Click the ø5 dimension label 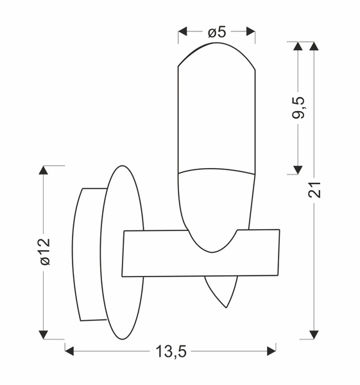[x=217, y=31]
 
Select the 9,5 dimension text [x=298, y=108]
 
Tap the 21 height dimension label [x=314, y=191]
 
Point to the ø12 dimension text [x=44, y=252]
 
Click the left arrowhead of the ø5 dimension [x=183, y=31]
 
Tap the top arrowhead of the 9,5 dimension [x=298, y=47]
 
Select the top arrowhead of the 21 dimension [x=313, y=47]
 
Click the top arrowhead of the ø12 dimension [x=44, y=171]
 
